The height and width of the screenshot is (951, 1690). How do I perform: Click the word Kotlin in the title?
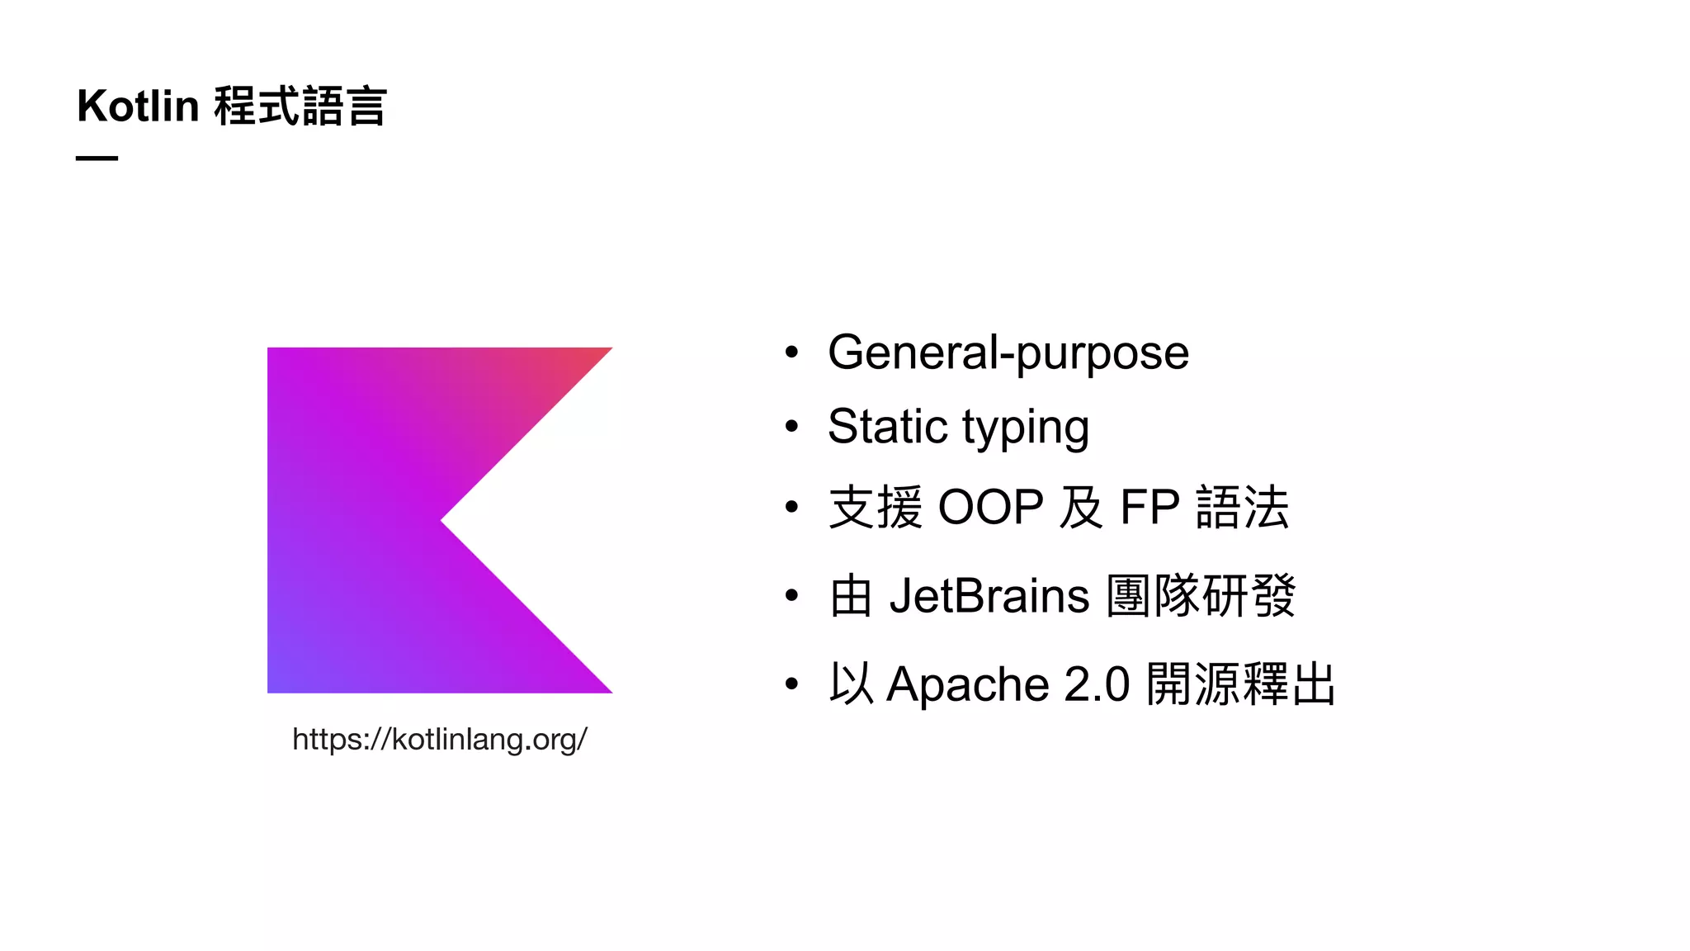138,106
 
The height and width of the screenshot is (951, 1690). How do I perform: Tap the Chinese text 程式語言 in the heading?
300,106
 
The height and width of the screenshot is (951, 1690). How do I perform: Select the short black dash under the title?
97,158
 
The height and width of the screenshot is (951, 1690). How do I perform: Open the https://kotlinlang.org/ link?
440,739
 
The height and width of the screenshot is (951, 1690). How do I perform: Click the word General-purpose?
1008,353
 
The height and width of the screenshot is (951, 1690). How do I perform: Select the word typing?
1026,429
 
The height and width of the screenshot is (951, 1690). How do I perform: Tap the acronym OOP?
991,507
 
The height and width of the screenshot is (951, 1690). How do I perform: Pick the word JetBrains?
989,596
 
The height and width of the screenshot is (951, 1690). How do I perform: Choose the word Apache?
967,685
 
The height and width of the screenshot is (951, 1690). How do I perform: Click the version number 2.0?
1097,685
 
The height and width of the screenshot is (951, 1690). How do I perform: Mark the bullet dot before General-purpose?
792,352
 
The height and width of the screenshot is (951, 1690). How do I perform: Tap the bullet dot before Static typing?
792,427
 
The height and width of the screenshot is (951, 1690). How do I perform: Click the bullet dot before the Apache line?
792,684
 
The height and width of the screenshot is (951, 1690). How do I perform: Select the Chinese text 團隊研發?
1201,596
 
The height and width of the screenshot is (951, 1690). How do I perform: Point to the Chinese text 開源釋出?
1241,685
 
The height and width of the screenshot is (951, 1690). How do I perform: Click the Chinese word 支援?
876,507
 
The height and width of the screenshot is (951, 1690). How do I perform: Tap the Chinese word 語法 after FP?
1242,507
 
